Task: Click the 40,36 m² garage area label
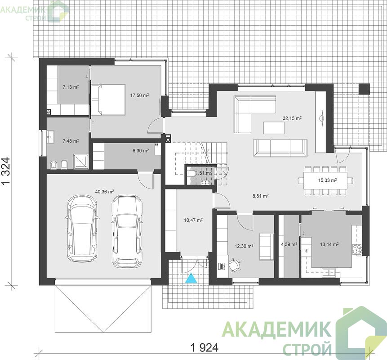104,192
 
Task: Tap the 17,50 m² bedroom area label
139,95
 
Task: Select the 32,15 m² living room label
292,118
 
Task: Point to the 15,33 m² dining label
328,180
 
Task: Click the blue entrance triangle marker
191,278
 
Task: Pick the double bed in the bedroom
108,99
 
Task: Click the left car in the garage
82,229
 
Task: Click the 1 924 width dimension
205,348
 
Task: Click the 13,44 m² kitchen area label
329,244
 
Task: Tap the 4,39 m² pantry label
289,244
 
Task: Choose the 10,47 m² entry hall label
193,220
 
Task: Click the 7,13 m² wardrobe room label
71,87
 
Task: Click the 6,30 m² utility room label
141,150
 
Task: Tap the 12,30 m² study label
244,246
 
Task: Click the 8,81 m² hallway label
260,196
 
